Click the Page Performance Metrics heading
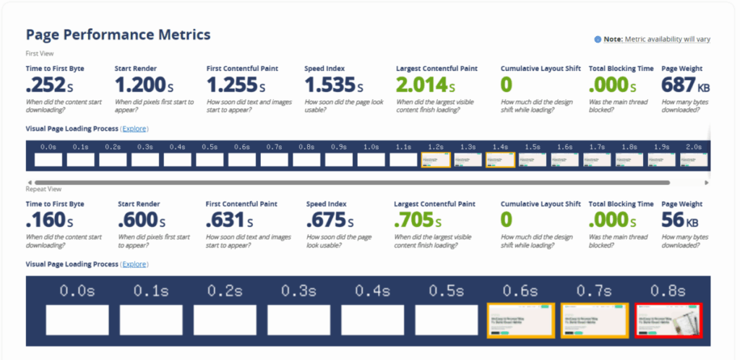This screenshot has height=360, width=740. (x=118, y=35)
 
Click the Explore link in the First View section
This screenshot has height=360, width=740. (x=134, y=129)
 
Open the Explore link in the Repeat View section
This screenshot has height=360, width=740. (x=134, y=265)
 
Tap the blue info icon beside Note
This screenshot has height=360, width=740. (x=598, y=39)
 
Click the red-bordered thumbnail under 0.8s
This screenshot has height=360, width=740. (x=668, y=320)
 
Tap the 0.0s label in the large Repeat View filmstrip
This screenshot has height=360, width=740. (x=77, y=291)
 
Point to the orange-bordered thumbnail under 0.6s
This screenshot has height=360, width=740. (x=520, y=320)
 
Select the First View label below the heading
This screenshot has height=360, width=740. (x=40, y=53)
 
